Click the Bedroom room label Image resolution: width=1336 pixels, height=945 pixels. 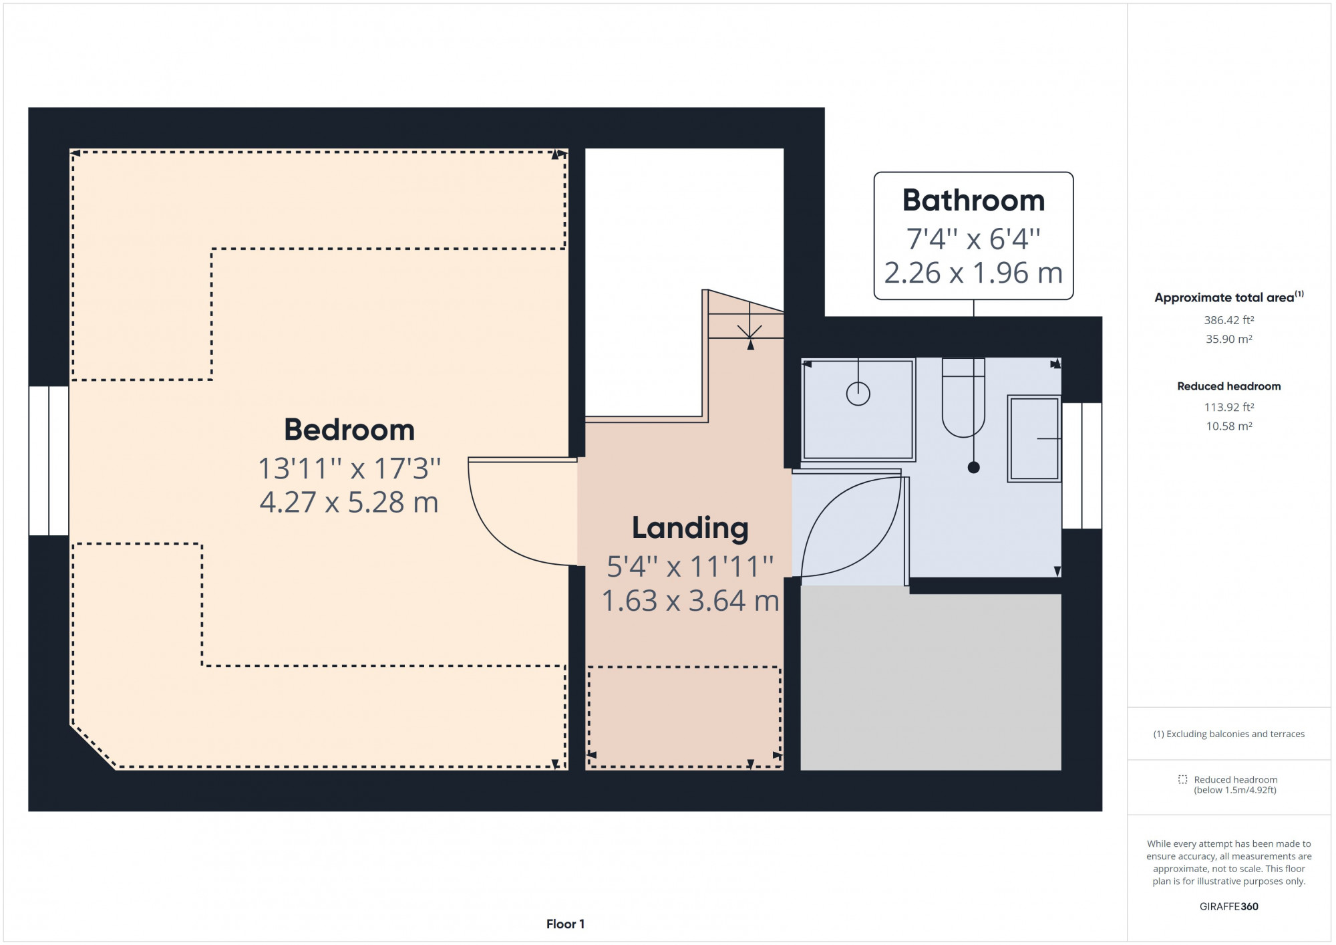349,430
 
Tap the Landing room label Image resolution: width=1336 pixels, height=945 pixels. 690,528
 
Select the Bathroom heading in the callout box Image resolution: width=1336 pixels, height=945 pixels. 973,200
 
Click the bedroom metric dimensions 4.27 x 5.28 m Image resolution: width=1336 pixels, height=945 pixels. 349,503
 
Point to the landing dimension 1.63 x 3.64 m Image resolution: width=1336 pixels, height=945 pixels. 691,601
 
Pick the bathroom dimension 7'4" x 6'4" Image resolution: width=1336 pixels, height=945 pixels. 973,239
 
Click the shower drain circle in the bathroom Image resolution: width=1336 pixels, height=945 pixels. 858,394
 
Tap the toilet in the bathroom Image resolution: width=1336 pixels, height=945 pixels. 963,398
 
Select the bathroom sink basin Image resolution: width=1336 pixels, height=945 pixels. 1034,438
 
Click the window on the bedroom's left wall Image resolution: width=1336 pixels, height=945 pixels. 49,461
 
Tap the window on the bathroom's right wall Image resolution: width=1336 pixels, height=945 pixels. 1081,466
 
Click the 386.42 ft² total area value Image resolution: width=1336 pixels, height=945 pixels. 1228,320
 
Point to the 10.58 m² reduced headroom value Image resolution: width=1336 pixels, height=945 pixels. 1228,426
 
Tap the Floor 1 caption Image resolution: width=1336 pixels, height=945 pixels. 565,924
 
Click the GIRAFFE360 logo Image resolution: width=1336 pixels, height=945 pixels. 1228,907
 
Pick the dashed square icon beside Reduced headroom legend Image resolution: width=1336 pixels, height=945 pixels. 1182,780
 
